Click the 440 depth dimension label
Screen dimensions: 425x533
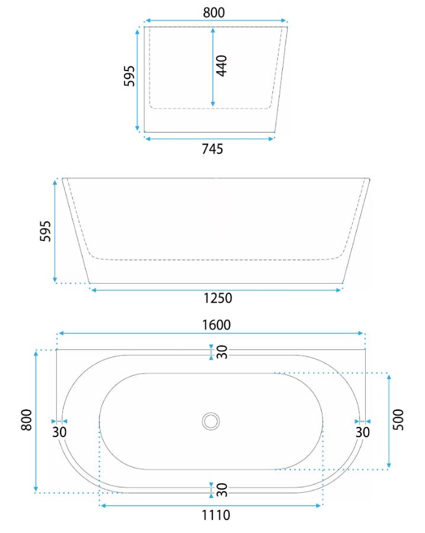(x=222, y=66)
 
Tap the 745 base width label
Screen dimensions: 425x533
(x=212, y=149)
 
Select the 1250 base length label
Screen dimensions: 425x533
(x=218, y=298)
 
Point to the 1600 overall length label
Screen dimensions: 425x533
(x=216, y=325)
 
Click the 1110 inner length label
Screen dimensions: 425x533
(x=216, y=515)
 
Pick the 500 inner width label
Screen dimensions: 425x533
(x=398, y=419)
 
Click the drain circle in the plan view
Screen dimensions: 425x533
(x=211, y=421)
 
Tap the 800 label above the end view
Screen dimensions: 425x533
(x=214, y=12)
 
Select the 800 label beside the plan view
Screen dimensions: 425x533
(x=27, y=420)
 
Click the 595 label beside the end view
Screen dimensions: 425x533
(x=129, y=76)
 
